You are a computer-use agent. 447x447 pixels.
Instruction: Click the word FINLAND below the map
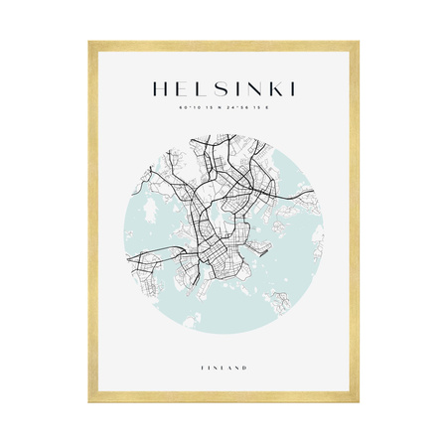(223, 368)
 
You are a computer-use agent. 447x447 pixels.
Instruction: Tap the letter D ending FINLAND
(245, 368)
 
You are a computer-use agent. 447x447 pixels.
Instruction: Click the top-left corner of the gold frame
(90, 44)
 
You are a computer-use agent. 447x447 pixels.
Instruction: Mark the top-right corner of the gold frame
(357, 44)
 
